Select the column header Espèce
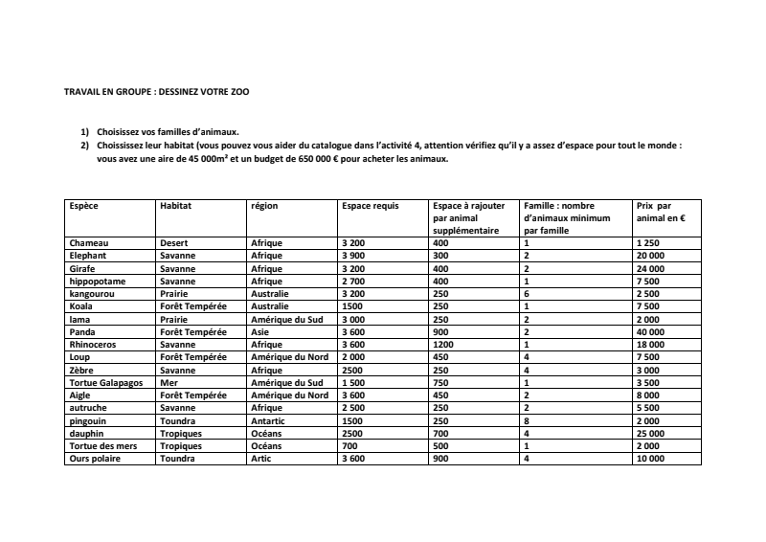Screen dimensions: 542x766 click(x=84, y=206)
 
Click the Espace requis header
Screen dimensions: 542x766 click(x=371, y=206)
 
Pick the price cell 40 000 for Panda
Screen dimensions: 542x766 click(x=652, y=332)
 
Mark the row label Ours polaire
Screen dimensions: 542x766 click(x=95, y=459)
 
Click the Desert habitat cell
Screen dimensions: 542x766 click(x=174, y=243)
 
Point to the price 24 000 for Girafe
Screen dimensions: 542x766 click(x=652, y=269)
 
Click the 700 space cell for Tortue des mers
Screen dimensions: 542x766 click(x=349, y=446)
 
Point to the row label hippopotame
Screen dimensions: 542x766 click(x=98, y=282)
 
